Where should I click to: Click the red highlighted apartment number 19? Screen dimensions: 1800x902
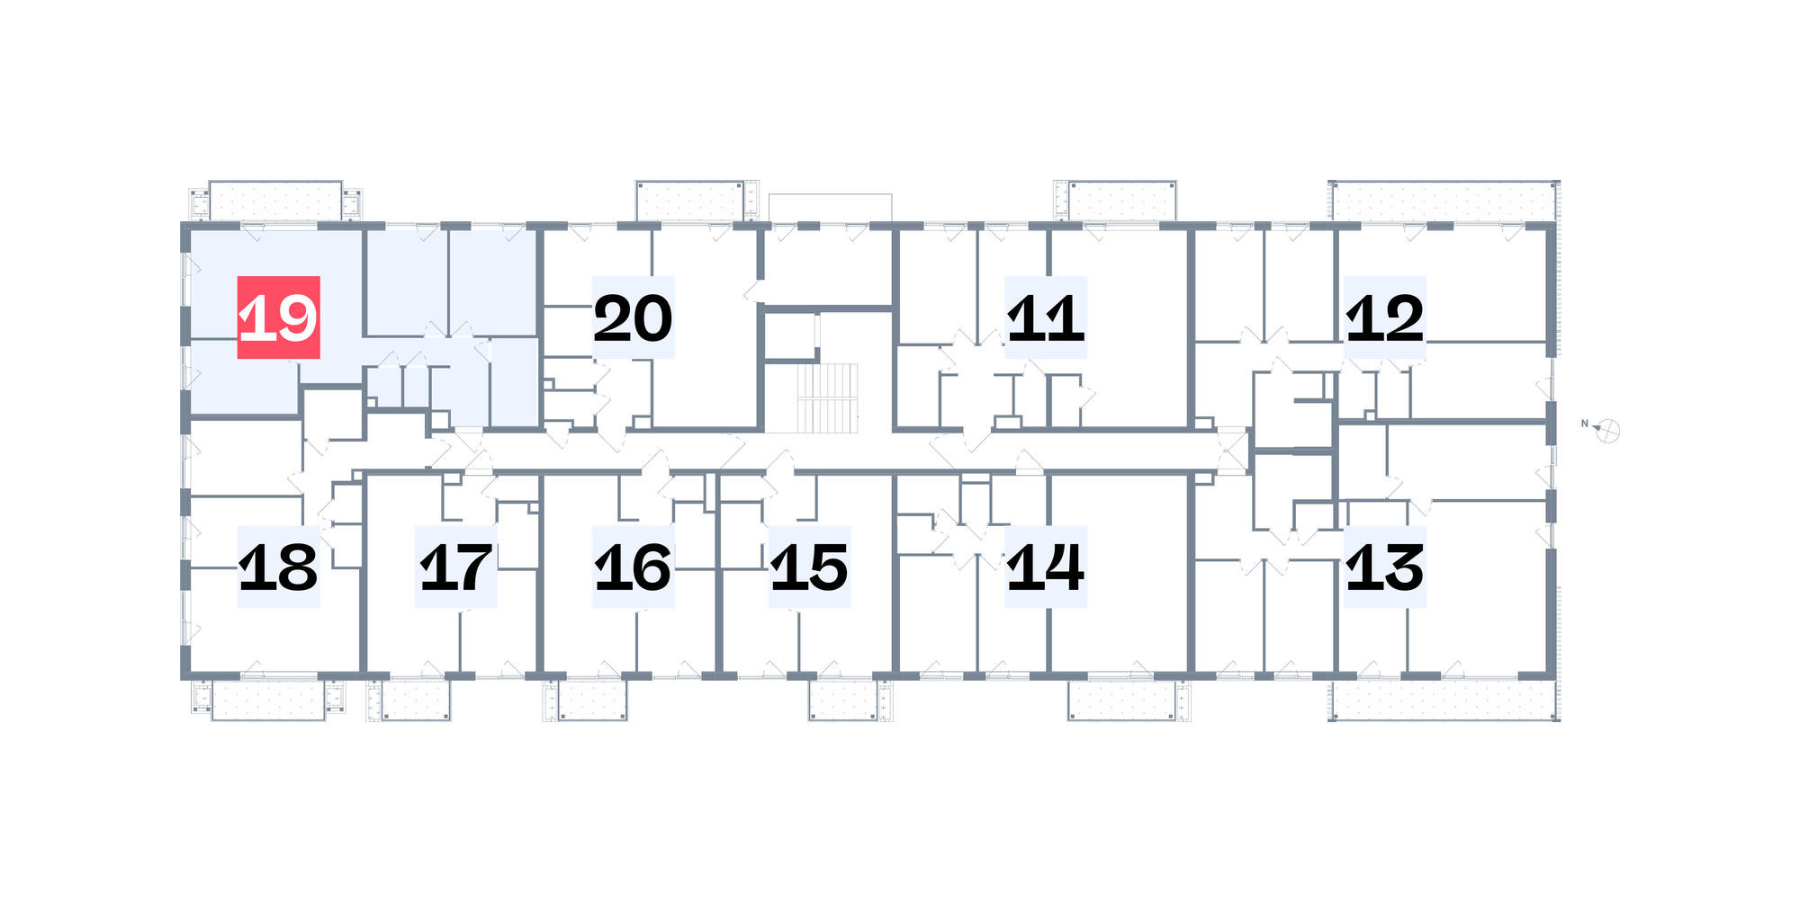coord(278,317)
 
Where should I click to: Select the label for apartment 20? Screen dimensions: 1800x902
coord(633,317)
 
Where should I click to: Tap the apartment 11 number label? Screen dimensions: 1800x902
coord(1046,317)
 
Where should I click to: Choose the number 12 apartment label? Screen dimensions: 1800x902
coord(1385,317)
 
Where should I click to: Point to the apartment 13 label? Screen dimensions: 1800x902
coord(1385,567)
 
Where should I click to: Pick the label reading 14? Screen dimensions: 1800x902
coord(1046,567)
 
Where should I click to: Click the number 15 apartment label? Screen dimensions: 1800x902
coord(810,567)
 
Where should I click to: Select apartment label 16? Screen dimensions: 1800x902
coord(633,567)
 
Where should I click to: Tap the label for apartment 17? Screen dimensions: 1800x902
coord(455,567)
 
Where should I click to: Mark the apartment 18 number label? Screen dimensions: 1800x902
coord(278,567)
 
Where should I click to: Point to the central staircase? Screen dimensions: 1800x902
coord(827,397)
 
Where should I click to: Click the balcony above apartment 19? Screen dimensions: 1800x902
coord(275,201)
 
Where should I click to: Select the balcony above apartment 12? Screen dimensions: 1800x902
coord(1444,201)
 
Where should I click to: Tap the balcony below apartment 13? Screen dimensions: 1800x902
coord(1444,700)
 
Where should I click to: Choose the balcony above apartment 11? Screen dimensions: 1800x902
coord(1122,201)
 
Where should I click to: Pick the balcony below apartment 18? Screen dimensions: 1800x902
coord(268,700)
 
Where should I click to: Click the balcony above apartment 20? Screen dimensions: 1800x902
coord(690,201)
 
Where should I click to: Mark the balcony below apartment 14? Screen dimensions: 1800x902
coord(1122,700)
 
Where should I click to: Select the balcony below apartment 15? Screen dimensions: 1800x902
coord(842,700)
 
